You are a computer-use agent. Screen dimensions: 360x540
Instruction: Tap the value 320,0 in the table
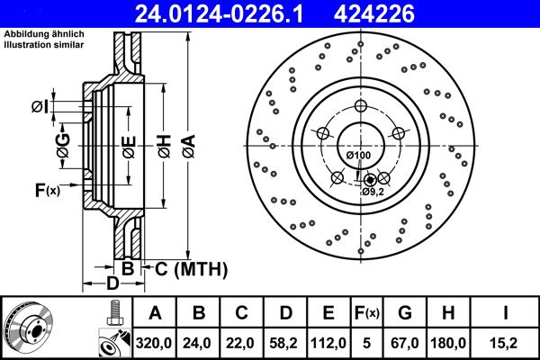click(x=155, y=343)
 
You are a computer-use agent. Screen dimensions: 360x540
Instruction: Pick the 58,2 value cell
click(x=285, y=343)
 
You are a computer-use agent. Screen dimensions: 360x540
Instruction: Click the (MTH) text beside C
click(x=200, y=269)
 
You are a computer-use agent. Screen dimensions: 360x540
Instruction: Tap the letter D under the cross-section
click(x=112, y=284)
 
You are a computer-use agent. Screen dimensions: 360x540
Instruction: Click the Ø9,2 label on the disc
click(x=374, y=192)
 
